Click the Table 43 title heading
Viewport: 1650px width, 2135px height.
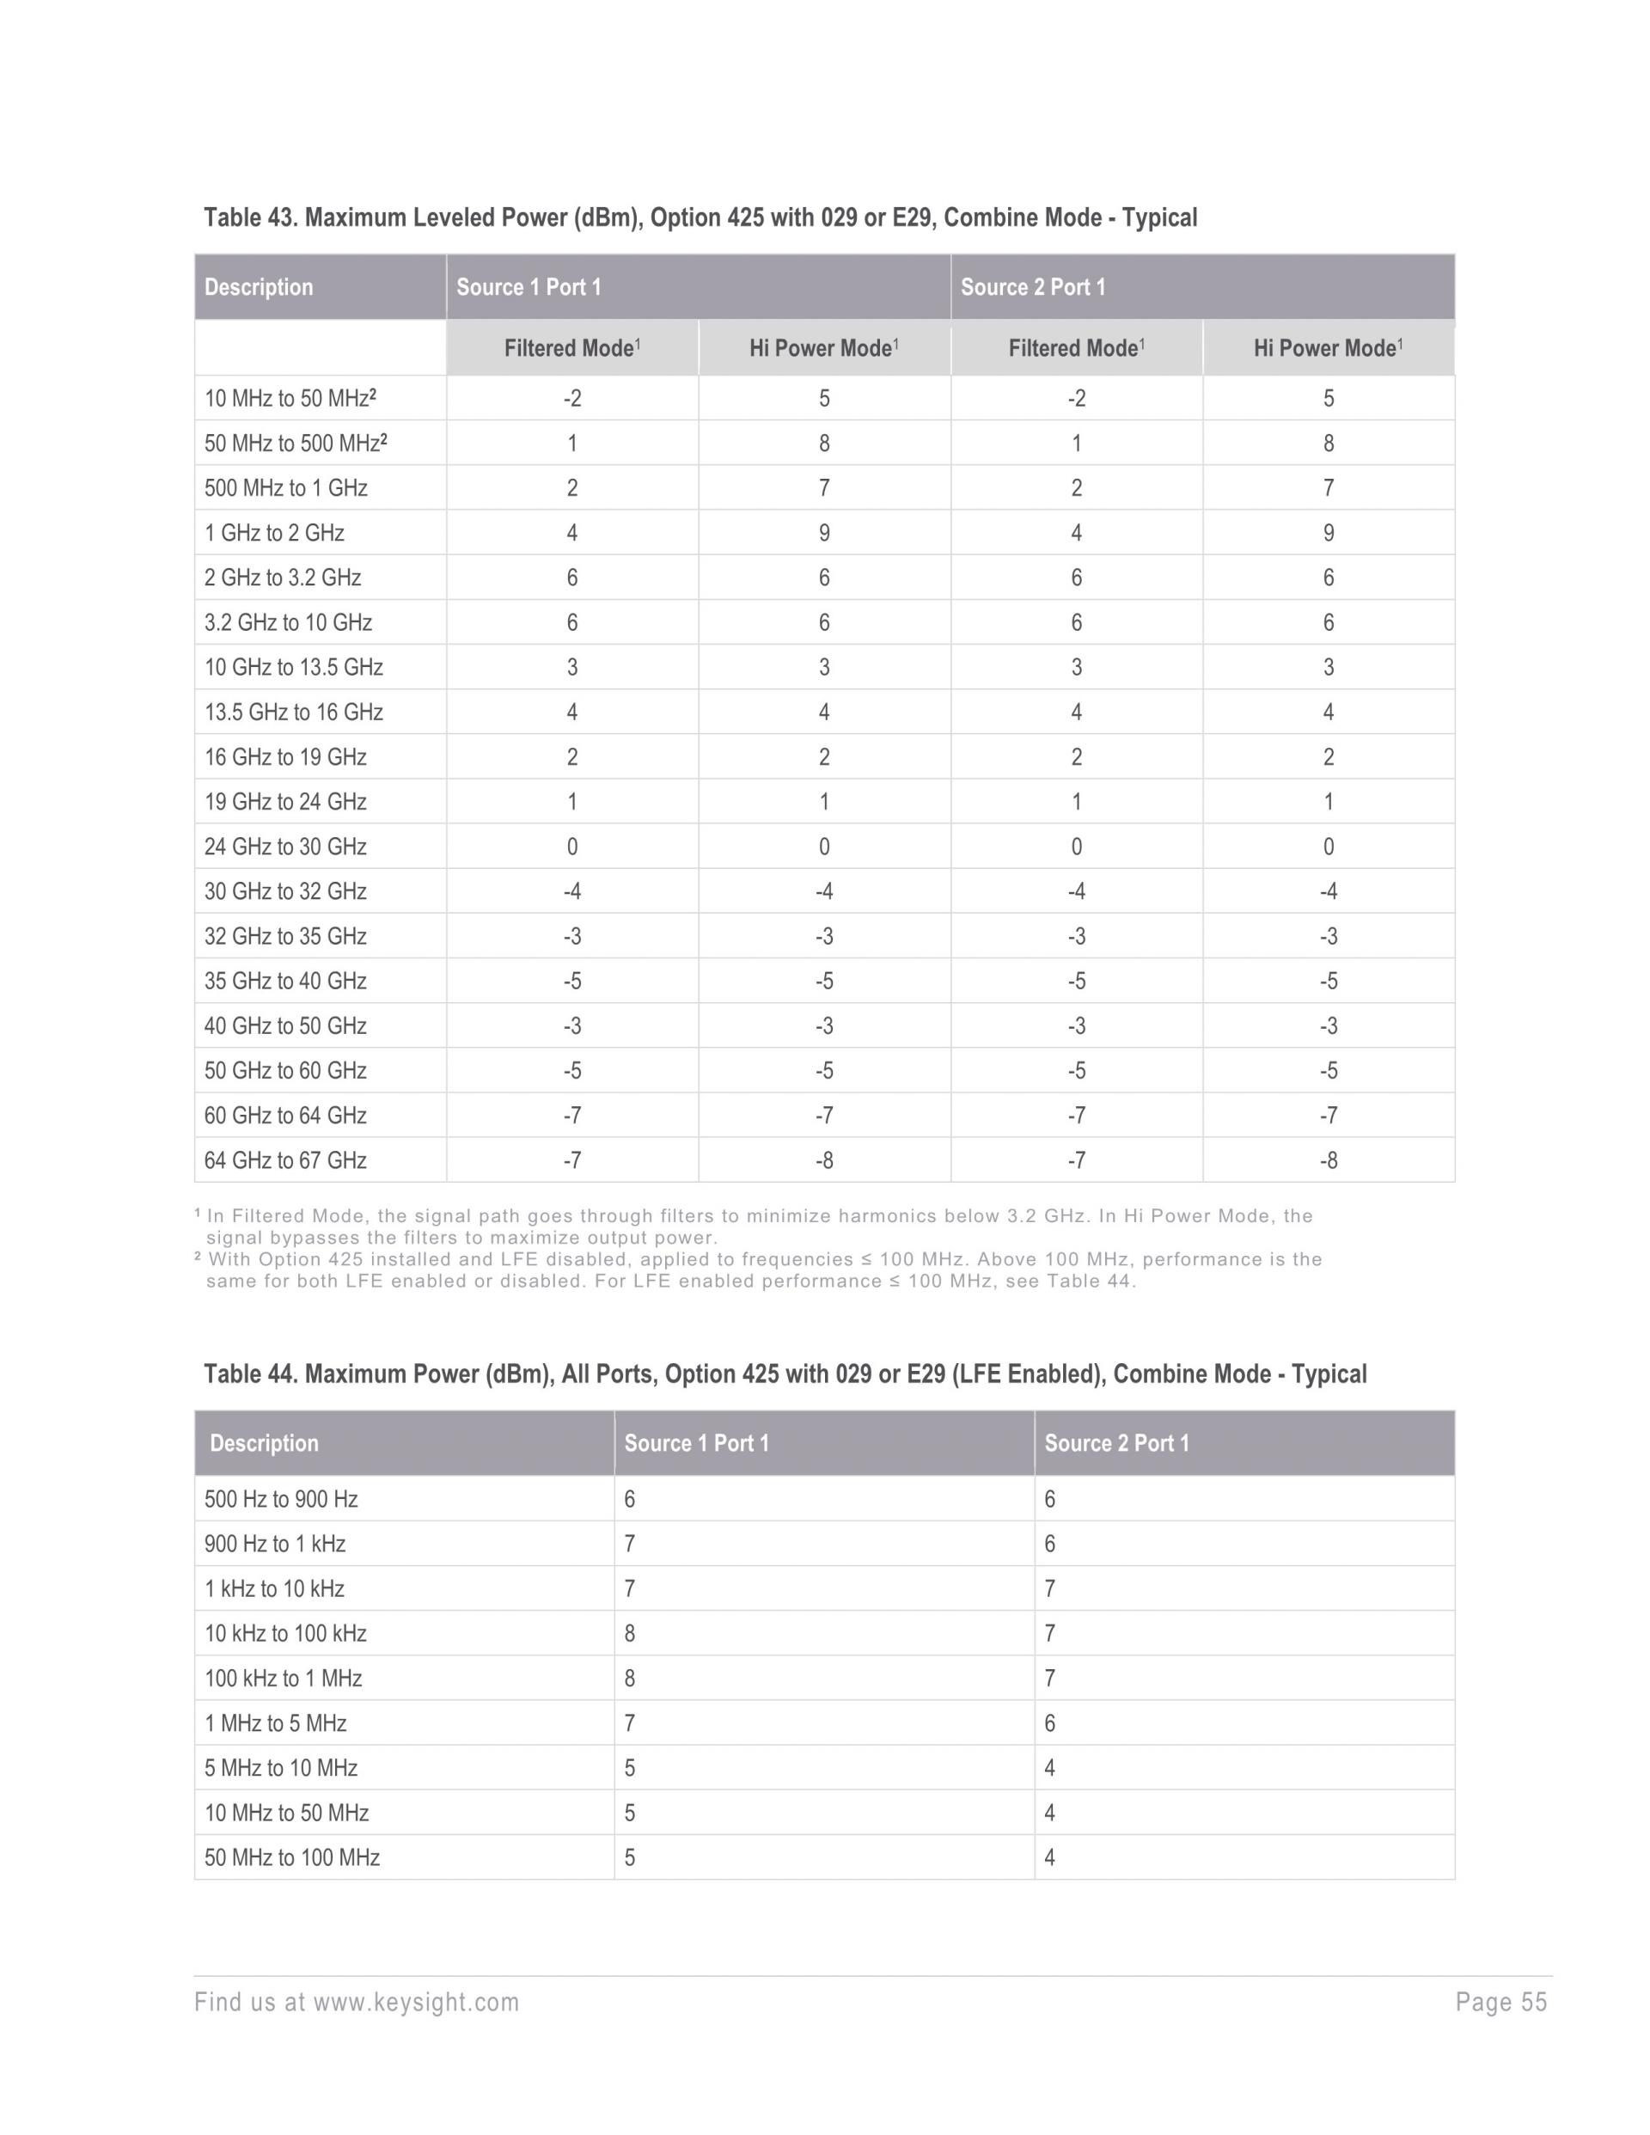click(x=700, y=217)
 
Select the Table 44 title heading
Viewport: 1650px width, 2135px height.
click(x=785, y=1373)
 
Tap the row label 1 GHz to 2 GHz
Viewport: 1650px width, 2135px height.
click(x=275, y=533)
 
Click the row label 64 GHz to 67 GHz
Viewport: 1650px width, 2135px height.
click(x=285, y=1160)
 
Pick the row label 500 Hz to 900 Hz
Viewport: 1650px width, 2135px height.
click(x=282, y=1499)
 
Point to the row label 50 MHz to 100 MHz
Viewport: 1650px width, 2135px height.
click(x=292, y=1857)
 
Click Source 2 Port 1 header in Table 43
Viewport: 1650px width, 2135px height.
click(x=1033, y=287)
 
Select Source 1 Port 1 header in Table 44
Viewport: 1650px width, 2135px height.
click(x=697, y=1443)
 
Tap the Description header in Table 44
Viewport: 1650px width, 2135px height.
click(x=264, y=1443)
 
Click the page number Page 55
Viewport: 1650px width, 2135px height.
click(x=1501, y=2002)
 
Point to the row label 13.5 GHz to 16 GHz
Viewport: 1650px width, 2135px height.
click(x=293, y=712)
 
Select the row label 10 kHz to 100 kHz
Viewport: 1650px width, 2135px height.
click(x=285, y=1634)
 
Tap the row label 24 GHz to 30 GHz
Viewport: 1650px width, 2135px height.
click(x=285, y=847)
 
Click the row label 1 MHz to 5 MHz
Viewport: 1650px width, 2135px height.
click(x=276, y=1723)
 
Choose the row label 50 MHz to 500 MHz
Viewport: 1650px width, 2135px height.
click(x=296, y=444)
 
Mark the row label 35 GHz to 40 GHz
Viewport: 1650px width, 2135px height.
click(x=285, y=982)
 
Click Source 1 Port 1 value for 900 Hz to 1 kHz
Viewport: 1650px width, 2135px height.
click(x=631, y=1544)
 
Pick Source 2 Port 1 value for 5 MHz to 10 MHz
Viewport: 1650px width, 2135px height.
click(x=1050, y=1767)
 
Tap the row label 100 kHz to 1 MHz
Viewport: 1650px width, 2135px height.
click(x=284, y=1679)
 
